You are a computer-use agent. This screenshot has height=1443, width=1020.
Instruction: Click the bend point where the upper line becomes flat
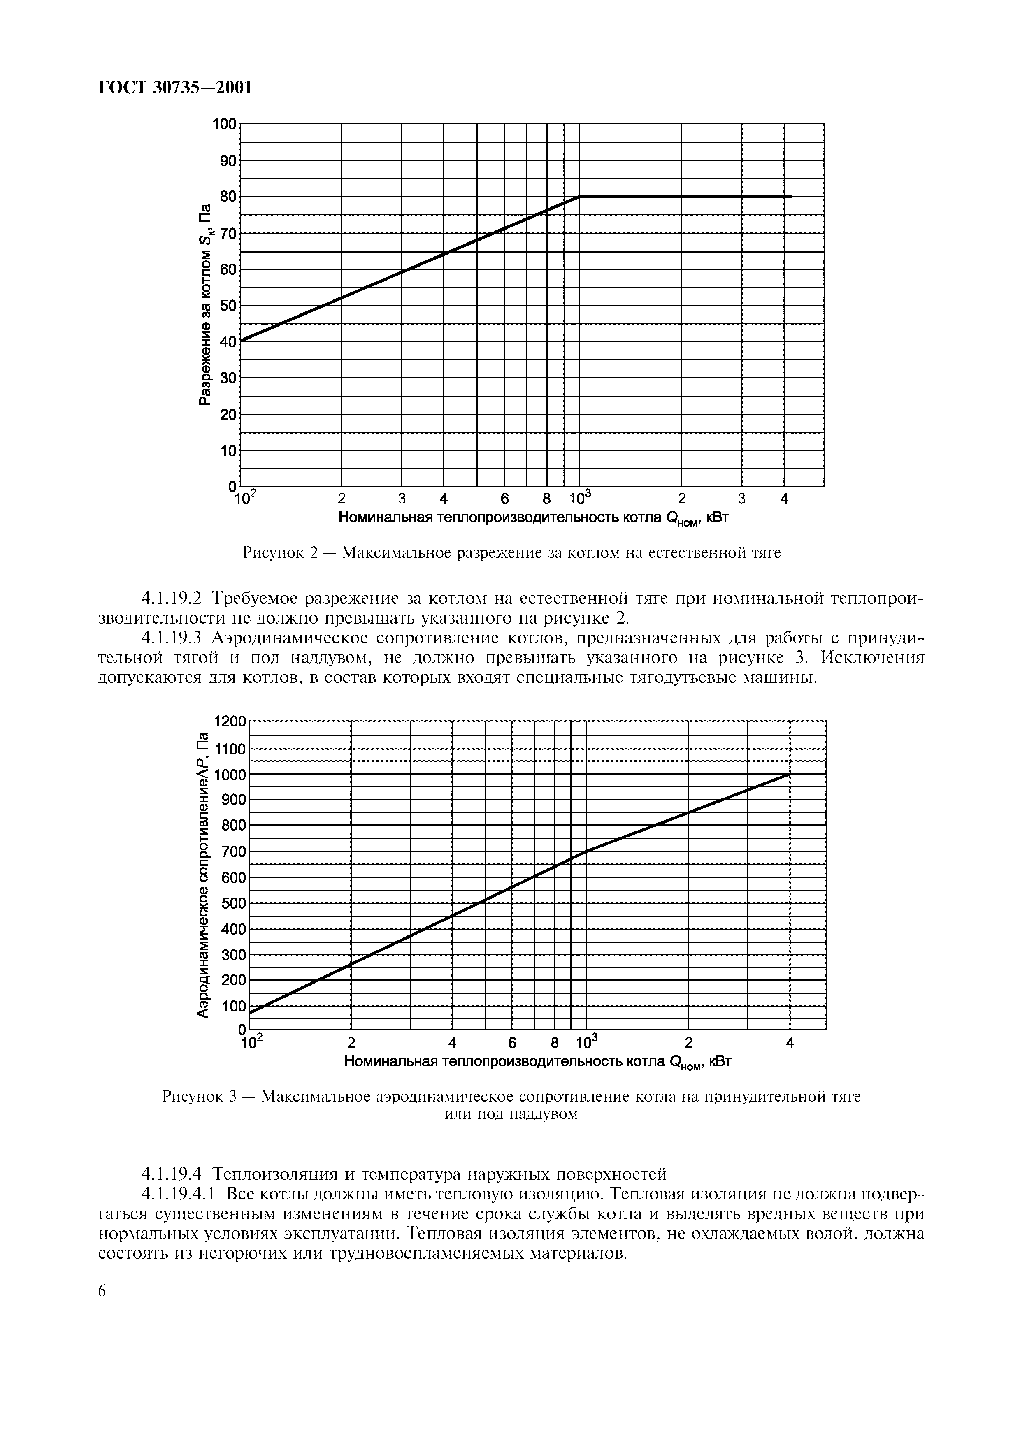pyautogui.click(x=579, y=197)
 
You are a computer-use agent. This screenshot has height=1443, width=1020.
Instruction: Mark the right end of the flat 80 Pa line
pyautogui.click(x=791, y=197)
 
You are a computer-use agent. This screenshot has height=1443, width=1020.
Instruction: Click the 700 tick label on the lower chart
pyautogui.click(x=232, y=851)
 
